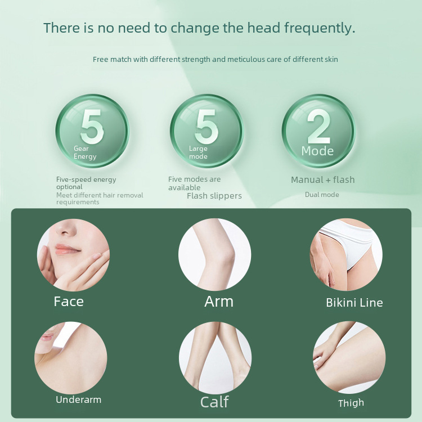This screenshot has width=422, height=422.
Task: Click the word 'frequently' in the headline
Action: pyautogui.click(x=320, y=28)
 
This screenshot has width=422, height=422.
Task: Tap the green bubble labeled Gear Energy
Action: pyautogui.click(x=92, y=131)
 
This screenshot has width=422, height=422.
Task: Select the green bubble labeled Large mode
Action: pyautogui.click(x=206, y=131)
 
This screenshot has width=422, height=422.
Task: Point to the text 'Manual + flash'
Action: pyautogui.click(x=322, y=180)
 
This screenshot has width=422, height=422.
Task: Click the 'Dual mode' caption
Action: pyautogui.click(x=322, y=195)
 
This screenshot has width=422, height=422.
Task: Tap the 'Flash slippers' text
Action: pyautogui.click(x=214, y=196)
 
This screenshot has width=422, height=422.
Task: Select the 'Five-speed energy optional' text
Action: pyautogui.click(x=86, y=183)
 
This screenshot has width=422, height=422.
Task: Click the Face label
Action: pyautogui.click(x=69, y=302)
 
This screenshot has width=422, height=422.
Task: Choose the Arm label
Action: pyautogui.click(x=218, y=302)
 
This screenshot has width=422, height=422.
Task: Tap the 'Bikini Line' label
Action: pyautogui.click(x=354, y=303)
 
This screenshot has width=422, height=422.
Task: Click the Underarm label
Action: pyautogui.click(x=78, y=400)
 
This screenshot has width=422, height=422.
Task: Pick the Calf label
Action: pyautogui.click(x=214, y=402)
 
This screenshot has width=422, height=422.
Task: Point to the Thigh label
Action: pyautogui.click(x=351, y=403)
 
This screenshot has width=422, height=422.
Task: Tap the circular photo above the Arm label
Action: pyautogui.click(x=214, y=254)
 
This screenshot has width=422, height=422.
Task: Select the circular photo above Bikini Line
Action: pyautogui.click(x=346, y=254)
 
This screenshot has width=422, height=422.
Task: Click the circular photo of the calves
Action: pyautogui.click(x=215, y=358)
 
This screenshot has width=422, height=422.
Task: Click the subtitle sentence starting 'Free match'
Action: pyautogui.click(x=215, y=59)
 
